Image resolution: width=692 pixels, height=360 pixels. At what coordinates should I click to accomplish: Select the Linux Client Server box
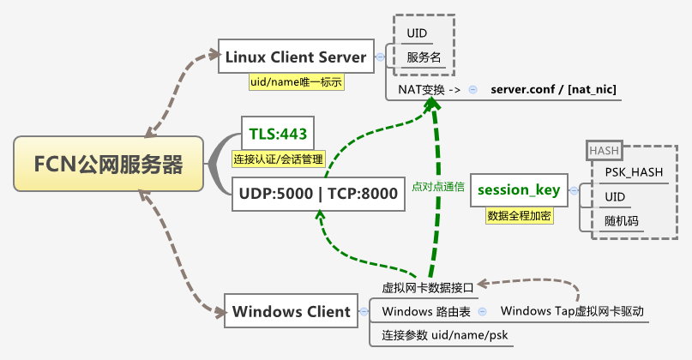296,57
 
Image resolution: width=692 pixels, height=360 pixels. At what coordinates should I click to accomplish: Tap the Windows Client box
292,311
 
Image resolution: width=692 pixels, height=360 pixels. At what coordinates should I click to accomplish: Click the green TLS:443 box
277,133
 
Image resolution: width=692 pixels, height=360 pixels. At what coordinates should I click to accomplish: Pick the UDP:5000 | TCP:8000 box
318,194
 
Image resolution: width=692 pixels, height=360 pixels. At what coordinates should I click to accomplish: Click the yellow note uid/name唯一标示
295,82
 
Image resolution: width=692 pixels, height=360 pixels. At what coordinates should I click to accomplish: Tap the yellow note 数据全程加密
519,215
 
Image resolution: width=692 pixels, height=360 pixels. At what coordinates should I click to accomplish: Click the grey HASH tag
604,151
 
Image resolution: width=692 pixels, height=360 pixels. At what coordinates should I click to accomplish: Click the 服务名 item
424,58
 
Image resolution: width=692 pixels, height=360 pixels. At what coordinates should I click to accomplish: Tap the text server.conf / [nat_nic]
554,89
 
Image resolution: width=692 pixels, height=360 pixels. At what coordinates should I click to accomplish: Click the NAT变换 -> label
430,89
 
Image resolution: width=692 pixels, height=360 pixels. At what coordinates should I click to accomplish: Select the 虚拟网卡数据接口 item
427,288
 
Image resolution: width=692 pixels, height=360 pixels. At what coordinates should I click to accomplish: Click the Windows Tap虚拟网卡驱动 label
571,310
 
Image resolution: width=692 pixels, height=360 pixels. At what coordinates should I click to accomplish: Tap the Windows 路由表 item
425,310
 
